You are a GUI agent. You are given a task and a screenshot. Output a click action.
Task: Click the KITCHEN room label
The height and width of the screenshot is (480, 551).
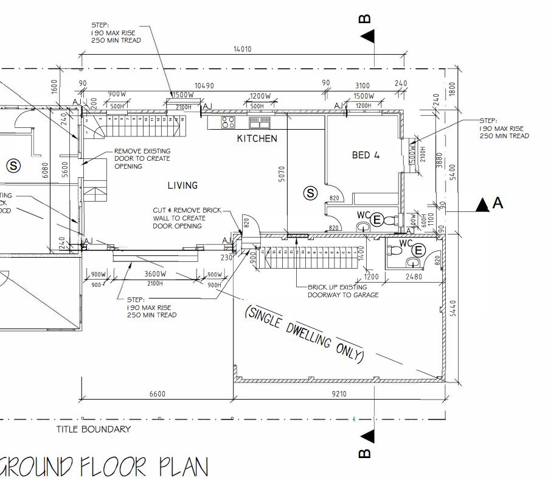coord(257,139)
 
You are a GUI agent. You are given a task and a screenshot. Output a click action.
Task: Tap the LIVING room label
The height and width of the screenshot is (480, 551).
coord(182,185)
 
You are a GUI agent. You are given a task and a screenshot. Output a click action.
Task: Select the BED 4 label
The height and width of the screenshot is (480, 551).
coord(366,155)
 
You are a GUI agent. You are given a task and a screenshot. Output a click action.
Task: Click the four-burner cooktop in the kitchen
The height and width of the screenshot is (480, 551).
coord(228,122)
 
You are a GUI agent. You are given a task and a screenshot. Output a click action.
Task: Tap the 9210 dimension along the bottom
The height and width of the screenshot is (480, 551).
coord(339,394)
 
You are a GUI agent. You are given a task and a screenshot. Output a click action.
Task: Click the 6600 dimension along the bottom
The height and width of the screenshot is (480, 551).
coord(157,394)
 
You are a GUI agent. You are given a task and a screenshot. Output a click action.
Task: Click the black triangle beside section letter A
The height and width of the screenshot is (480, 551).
coord(482,205)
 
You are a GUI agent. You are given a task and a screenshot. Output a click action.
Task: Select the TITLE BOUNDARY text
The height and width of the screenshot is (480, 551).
coord(94,429)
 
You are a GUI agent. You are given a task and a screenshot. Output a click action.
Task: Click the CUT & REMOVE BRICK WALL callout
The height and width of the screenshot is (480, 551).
coord(187,218)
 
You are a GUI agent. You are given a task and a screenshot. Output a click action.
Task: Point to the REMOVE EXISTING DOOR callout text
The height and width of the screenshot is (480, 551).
coord(142,158)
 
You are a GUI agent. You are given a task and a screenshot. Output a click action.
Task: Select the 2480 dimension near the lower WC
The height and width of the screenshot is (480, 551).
coord(413,277)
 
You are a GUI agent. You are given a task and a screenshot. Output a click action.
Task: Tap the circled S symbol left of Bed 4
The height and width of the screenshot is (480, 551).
coord(311,194)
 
